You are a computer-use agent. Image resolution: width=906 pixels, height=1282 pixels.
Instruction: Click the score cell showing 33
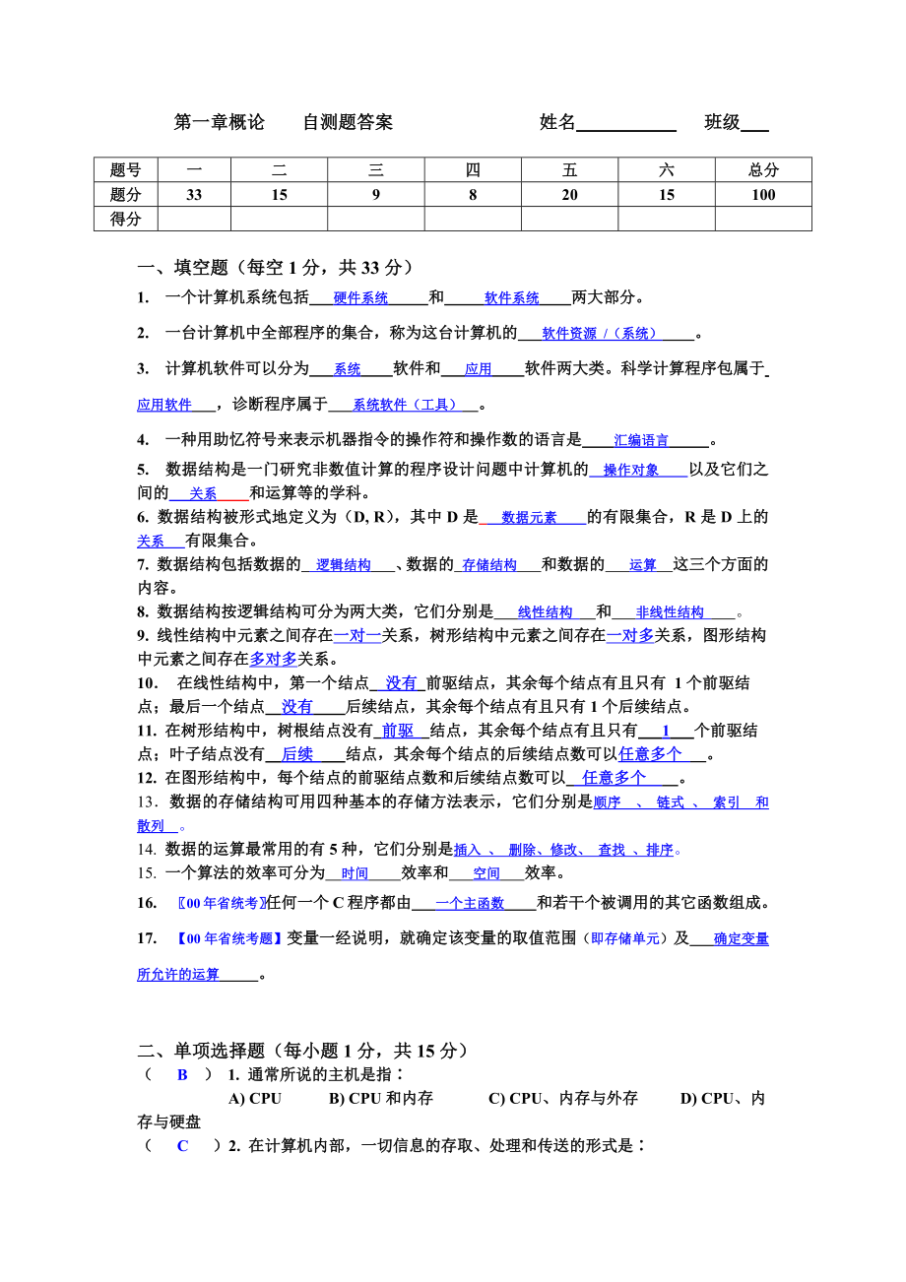pyautogui.click(x=194, y=195)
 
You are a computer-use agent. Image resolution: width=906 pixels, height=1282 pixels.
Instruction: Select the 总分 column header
pyautogui.click(x=763, y=170)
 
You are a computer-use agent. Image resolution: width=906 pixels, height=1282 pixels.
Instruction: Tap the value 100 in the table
pyautogui.click(x=763, y=195)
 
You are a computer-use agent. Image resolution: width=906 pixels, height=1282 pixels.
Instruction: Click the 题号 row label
pyautogui.click(x=126, y=170)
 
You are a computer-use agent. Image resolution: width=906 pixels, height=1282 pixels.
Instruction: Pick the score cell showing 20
pyautogui.click(x=569, y=195)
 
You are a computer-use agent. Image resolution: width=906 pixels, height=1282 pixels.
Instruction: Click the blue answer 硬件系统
pyautogui.click(x=360, y=298)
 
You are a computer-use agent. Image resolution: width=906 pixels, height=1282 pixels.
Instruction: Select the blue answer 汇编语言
pyautogui.click(x=641, y=441)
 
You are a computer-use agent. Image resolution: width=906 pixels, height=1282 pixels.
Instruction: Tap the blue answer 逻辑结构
pyautogui.click(x=344, y=565)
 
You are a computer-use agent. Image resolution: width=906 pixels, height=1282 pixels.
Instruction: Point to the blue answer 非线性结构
pyautogui.click(x=670, y=612)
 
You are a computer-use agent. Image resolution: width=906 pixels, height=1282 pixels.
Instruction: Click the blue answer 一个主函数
pyautogui.click(x=470, y=904)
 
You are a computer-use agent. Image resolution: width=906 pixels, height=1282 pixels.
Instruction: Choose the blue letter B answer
pyautogui.click(x=182, y=1075)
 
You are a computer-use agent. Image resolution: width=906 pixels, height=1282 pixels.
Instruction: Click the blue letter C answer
pyautogui.click(x=182, y=1146)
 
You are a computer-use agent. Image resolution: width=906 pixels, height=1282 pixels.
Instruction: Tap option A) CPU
pyautogui.click(x=255, y=1099)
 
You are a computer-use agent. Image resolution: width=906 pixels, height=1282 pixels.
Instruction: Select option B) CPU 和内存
pyautogui.click(x=381, y=1099)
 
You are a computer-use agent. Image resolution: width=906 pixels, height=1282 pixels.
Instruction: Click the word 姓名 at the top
pyautogui.click(x=557, y=122)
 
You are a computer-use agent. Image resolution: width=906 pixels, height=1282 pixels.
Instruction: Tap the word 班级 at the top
pyautogui.click(x=722, y=122)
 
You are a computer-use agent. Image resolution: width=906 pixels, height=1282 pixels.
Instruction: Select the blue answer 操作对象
pyautogui.click(x=631, y=471)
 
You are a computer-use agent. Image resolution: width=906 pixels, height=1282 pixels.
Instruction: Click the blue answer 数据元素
pyautogui.click(x=529, y=518)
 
